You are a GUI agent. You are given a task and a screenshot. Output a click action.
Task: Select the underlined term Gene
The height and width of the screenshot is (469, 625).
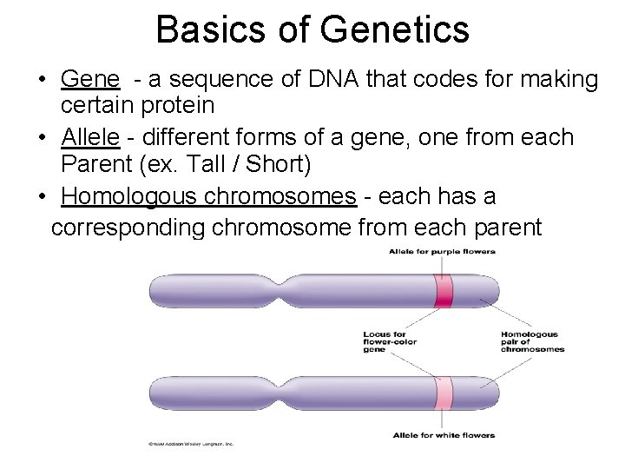coord(90,80)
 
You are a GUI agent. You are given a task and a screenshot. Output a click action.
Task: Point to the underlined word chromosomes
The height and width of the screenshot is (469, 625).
coord(280,196)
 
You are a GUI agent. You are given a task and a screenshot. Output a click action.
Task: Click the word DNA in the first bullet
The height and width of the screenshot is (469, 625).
coord(357,80)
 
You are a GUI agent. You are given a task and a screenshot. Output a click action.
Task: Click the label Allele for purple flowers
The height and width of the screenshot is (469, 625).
coord(442,252)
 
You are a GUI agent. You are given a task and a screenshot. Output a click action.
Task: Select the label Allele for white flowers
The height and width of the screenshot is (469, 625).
coord(444,435)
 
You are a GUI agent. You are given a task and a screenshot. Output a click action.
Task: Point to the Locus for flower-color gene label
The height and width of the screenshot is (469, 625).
coord(389,341)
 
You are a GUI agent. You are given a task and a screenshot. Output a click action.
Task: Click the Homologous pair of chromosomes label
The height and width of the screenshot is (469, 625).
coord(532,341)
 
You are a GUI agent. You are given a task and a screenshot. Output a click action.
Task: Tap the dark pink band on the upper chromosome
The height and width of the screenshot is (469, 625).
coord(444,290)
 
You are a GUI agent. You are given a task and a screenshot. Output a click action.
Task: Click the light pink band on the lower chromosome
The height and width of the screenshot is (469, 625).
coord(444,393)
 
